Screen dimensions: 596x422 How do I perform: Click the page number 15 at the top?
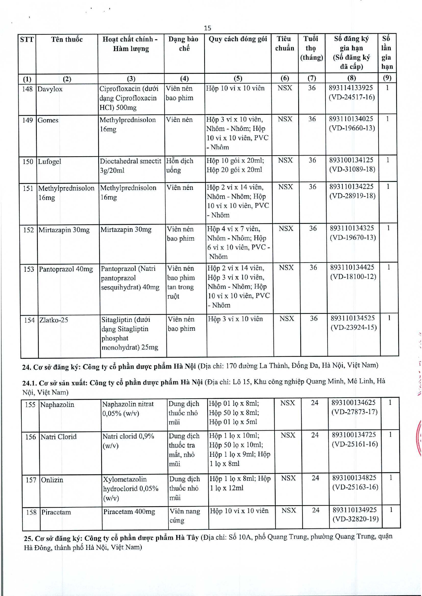pos(208,28)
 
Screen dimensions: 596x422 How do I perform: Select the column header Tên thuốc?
pos(67,39)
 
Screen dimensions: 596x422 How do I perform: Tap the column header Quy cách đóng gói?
pos(238,39)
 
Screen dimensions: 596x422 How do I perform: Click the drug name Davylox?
pos(50,89)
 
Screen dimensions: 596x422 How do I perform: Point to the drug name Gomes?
pos(48,120)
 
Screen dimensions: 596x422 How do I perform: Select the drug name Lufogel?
pos(50,162)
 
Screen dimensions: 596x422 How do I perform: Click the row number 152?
pos(29,230)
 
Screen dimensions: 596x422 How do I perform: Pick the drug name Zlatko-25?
pos(54,320)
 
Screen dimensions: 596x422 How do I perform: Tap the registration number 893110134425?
pos(352,267)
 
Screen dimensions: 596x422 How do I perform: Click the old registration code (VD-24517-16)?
pos(351,97)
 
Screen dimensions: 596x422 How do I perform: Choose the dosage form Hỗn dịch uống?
pos(179,165)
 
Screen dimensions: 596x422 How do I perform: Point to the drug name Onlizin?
pos(52,480)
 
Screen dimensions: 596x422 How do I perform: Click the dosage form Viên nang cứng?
pos(184,516)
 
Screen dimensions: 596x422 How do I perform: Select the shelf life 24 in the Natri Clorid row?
pos(315,435)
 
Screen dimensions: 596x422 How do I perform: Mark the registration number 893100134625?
pos(353,402)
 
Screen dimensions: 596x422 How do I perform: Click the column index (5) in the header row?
pos(238,78)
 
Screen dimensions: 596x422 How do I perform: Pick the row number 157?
pos(31,480)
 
